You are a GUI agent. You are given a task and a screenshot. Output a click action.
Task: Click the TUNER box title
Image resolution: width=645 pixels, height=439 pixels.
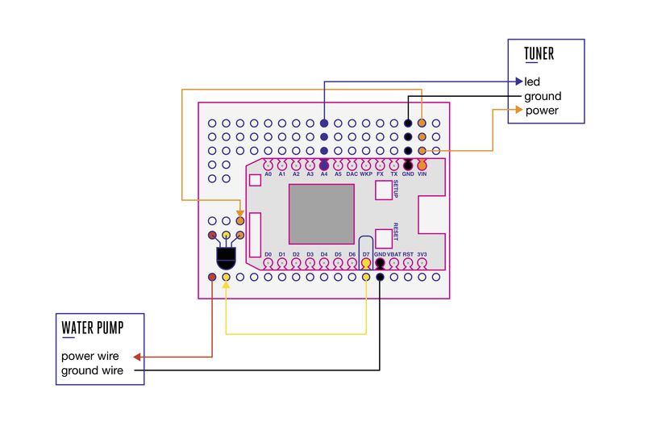point(539,53)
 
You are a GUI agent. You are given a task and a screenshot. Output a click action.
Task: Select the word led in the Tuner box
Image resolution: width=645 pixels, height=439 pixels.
point(532,82)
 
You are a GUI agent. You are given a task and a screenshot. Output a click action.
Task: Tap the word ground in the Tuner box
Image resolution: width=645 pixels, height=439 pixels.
point(543,96)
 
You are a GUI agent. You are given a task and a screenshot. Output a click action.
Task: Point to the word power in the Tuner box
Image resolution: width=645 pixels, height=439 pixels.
point(542,111)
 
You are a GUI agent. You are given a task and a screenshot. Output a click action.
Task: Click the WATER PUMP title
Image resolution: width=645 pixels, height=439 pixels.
point(93,328)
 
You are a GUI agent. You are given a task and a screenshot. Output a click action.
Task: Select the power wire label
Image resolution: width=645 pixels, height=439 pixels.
point(90,356)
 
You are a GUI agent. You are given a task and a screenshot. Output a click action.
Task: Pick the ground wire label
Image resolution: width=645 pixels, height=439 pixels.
point(92,370)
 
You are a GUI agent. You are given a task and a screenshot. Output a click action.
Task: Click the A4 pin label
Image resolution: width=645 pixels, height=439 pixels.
point(324,174)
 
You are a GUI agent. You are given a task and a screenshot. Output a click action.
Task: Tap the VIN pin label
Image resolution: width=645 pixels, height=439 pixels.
point(422,174)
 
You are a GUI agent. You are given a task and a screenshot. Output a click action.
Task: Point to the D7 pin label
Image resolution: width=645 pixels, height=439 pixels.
point(366,254)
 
